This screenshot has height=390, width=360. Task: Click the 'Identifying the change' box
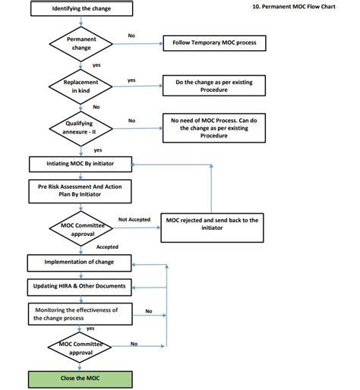click(81, 8)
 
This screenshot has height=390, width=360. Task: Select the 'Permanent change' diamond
click(81, 44)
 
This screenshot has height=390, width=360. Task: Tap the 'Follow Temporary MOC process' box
click(214, 43)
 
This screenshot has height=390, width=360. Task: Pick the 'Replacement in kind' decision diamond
click(81, 86)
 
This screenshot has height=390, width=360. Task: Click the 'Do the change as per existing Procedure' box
click(214, 86)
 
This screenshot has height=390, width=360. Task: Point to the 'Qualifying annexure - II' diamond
click(81, 128)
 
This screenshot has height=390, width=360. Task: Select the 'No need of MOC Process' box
click(214, 128)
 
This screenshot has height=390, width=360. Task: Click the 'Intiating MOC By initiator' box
click(81, 164)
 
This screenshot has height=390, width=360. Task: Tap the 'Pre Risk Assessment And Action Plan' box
click(80, 191)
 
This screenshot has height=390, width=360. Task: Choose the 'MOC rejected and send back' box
click(212, 228)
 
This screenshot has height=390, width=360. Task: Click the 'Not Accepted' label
click(134, 219)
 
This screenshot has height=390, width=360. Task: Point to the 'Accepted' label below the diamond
click(107, 247)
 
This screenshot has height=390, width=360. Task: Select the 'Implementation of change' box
click(80, 263)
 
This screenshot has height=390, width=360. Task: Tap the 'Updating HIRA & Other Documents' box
click(80, 287)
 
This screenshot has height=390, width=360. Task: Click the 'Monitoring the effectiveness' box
click(81, 314)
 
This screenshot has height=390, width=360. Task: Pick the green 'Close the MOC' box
click(81, 379)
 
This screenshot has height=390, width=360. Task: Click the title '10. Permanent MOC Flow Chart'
click(294, 7)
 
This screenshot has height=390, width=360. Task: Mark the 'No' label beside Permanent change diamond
click(131, 36)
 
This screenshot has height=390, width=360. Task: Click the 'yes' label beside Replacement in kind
click(131, 80)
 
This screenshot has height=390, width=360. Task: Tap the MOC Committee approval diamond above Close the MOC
click(80, 348)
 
